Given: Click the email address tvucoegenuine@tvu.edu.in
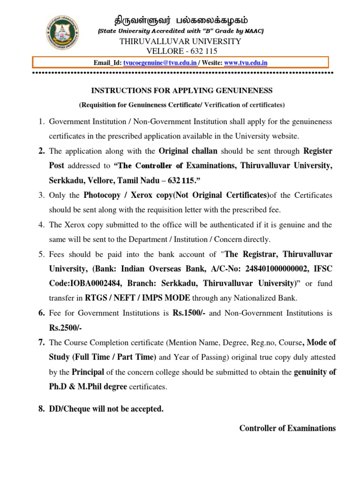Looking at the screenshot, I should [x=160, y=63].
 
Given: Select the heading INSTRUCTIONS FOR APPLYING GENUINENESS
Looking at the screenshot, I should [x=181, y=90].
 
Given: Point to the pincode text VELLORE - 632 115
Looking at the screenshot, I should [x=181, y=51].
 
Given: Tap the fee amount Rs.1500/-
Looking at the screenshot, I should [x=187, y=313].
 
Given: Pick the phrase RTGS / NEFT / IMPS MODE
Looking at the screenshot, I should [x=137, y=298].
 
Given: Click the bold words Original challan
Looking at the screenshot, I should [x=188, y=151].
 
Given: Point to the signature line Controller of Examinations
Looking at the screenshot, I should [x=287, y=428].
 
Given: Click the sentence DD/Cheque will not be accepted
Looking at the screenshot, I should [x=106, y=409].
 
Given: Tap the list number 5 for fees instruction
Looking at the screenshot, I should [x=41, y=255].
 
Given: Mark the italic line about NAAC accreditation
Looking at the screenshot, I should [x=180, y=31].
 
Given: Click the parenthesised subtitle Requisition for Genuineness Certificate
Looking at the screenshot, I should [x=181, y=105].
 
